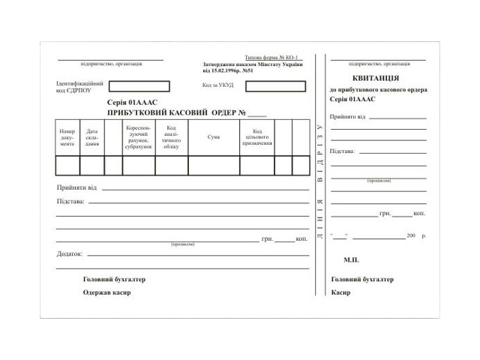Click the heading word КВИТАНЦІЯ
coord(375,78)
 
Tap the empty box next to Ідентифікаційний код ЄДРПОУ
coord(139,86)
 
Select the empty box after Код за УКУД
coord(275,86)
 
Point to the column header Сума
coord(214,137)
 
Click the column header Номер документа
coord(67,137)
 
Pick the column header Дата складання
coord(91,137)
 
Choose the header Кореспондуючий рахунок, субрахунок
coord(139,136)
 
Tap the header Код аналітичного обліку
coord(171,136)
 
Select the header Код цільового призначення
coord(256,136)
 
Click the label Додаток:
coord(69,253)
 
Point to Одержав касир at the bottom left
coord(106,292)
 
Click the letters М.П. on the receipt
coord(351,259)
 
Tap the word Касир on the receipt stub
coord(340,292)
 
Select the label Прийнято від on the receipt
coord(347,117)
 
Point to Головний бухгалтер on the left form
coord(114,279)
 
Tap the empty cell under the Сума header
coord(214,165)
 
